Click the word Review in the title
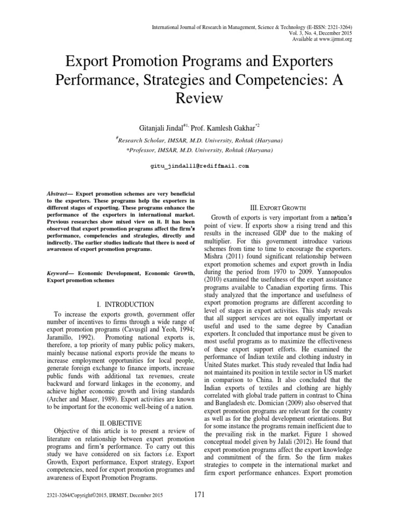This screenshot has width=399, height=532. point(199,98)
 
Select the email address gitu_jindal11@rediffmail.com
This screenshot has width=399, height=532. point(199,166)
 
